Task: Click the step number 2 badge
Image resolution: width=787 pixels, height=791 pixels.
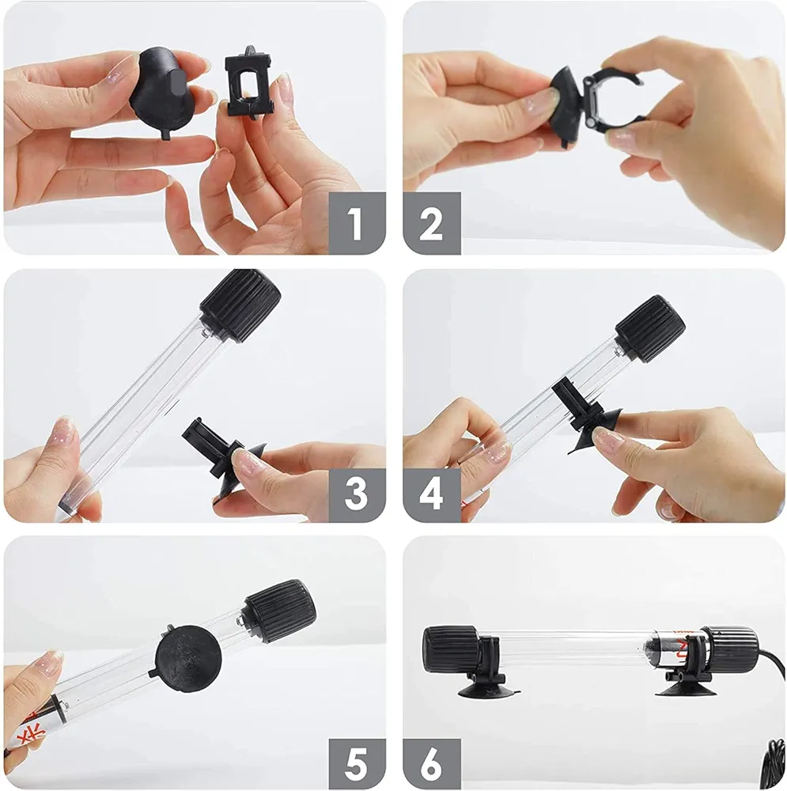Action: click(x=431, y=223)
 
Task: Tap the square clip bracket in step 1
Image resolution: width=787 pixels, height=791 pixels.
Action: click(x=248, y=83)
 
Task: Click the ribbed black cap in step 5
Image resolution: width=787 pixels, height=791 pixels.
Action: click(x=280, y=611)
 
